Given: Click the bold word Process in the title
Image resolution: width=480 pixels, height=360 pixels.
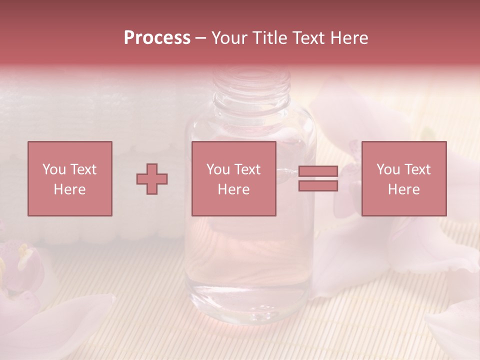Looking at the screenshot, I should [x=157, y=38].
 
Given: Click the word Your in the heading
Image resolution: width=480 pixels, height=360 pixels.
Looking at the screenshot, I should [x=229, y=38].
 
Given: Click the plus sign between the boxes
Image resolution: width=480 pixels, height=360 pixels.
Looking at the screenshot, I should [x=152, y=179].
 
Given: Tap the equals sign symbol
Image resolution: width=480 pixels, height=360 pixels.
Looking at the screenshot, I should [x=318, y=179].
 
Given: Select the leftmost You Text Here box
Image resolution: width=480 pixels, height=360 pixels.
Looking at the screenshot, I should [x=69, y=179].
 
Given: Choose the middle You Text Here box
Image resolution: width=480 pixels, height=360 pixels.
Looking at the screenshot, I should [x=233, y=179].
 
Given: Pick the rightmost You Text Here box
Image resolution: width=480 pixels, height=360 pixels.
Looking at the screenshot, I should [x=403, y=179].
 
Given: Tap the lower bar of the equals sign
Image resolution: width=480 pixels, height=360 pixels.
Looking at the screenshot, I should [x=318, y=186].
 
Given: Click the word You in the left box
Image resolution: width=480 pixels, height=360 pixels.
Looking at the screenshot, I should [x=53, y=169].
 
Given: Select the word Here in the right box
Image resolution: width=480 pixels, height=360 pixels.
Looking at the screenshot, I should [x=403, y=189].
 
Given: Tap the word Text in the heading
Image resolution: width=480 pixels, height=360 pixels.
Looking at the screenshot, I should [x=306, y=38].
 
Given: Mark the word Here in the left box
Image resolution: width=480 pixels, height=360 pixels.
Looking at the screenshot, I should [x=69, y=189].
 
